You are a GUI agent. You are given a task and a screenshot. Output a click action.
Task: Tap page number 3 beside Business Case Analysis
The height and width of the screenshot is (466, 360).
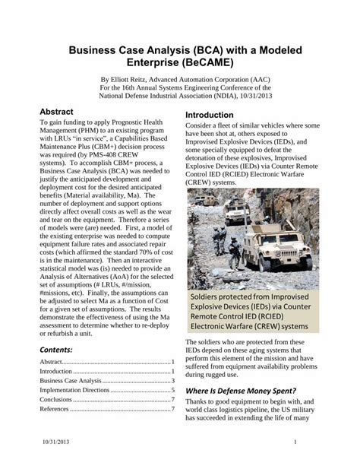click(173, 380)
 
